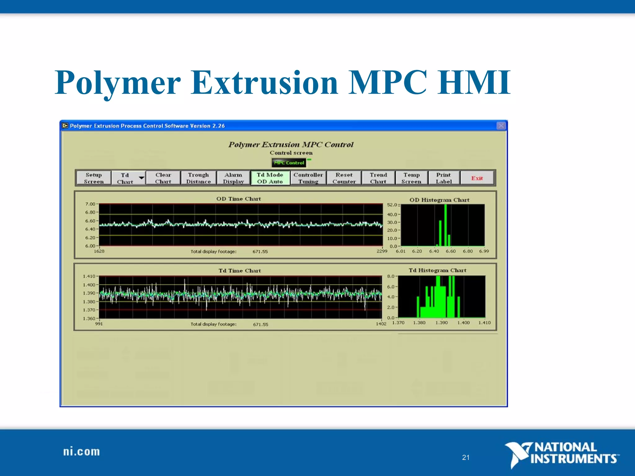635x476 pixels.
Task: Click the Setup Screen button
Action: pos(94,178)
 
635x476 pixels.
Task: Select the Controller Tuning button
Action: pos(308,178)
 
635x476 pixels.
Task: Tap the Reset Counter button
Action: pos(344,178)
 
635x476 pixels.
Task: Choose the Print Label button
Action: pos(444,178)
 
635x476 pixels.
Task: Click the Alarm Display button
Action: pos(233,178)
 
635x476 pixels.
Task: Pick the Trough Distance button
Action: pos(198,178)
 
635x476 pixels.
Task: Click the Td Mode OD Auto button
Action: pos(270,178)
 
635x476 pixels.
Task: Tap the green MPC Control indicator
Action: pos(289,163)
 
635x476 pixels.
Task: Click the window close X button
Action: pos(501,126)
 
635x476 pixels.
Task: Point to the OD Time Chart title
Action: pos(238,199)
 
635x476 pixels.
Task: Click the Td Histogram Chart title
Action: pos(437,270)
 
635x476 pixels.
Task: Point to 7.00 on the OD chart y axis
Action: pos(90,204)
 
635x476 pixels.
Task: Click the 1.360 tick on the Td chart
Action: pos(89,318)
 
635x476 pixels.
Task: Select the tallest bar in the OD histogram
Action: pos(446,225)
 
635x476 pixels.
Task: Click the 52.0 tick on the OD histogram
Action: pos(392,205)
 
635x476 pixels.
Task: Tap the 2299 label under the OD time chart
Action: pos(382,251)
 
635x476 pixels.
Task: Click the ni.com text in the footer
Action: pos(82,452)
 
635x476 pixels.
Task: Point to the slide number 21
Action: pos(466,457)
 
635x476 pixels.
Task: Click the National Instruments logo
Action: pos(561,454)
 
